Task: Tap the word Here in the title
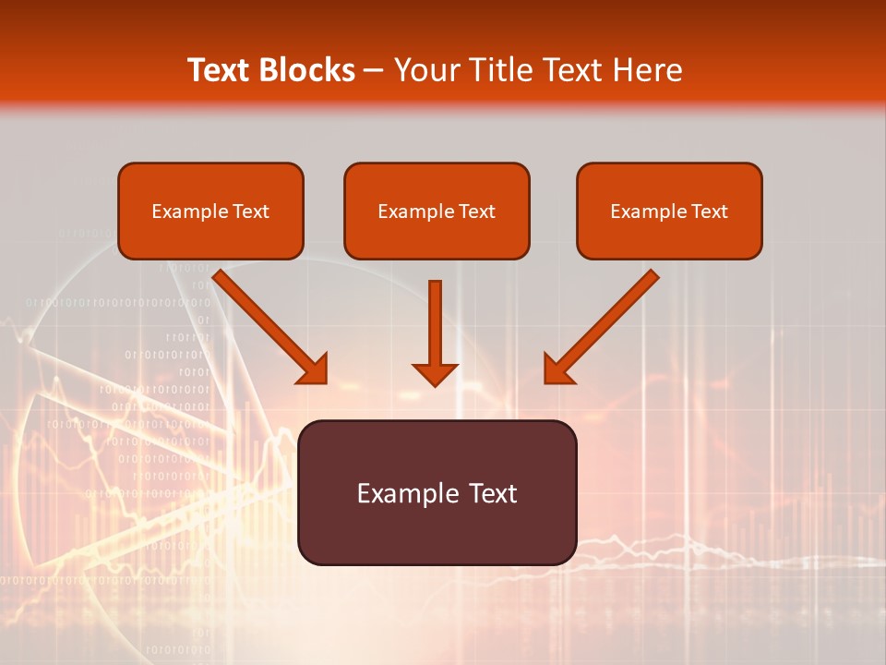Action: coord(647,70)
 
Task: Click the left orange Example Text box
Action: coord(210,211)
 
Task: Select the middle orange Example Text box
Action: coord(437,211)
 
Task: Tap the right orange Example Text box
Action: coord(669,211)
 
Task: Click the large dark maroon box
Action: coord(437,492)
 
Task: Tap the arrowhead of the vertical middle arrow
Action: coord(435,373)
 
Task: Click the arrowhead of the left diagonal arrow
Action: coord(314,369)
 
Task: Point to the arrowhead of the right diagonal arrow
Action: coord(557,369)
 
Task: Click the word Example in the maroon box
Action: coord(401,493)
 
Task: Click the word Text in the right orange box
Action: coord(710,212)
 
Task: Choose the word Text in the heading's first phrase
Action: coord(221,70)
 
